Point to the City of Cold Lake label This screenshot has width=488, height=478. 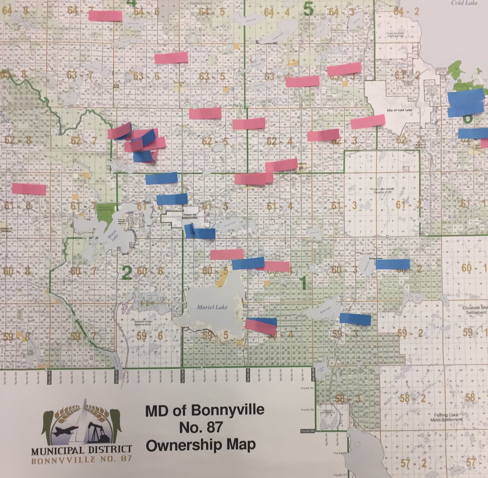[399, 110]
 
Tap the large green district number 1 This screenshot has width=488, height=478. [303, 283]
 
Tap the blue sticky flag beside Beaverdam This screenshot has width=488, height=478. [392, 264]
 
